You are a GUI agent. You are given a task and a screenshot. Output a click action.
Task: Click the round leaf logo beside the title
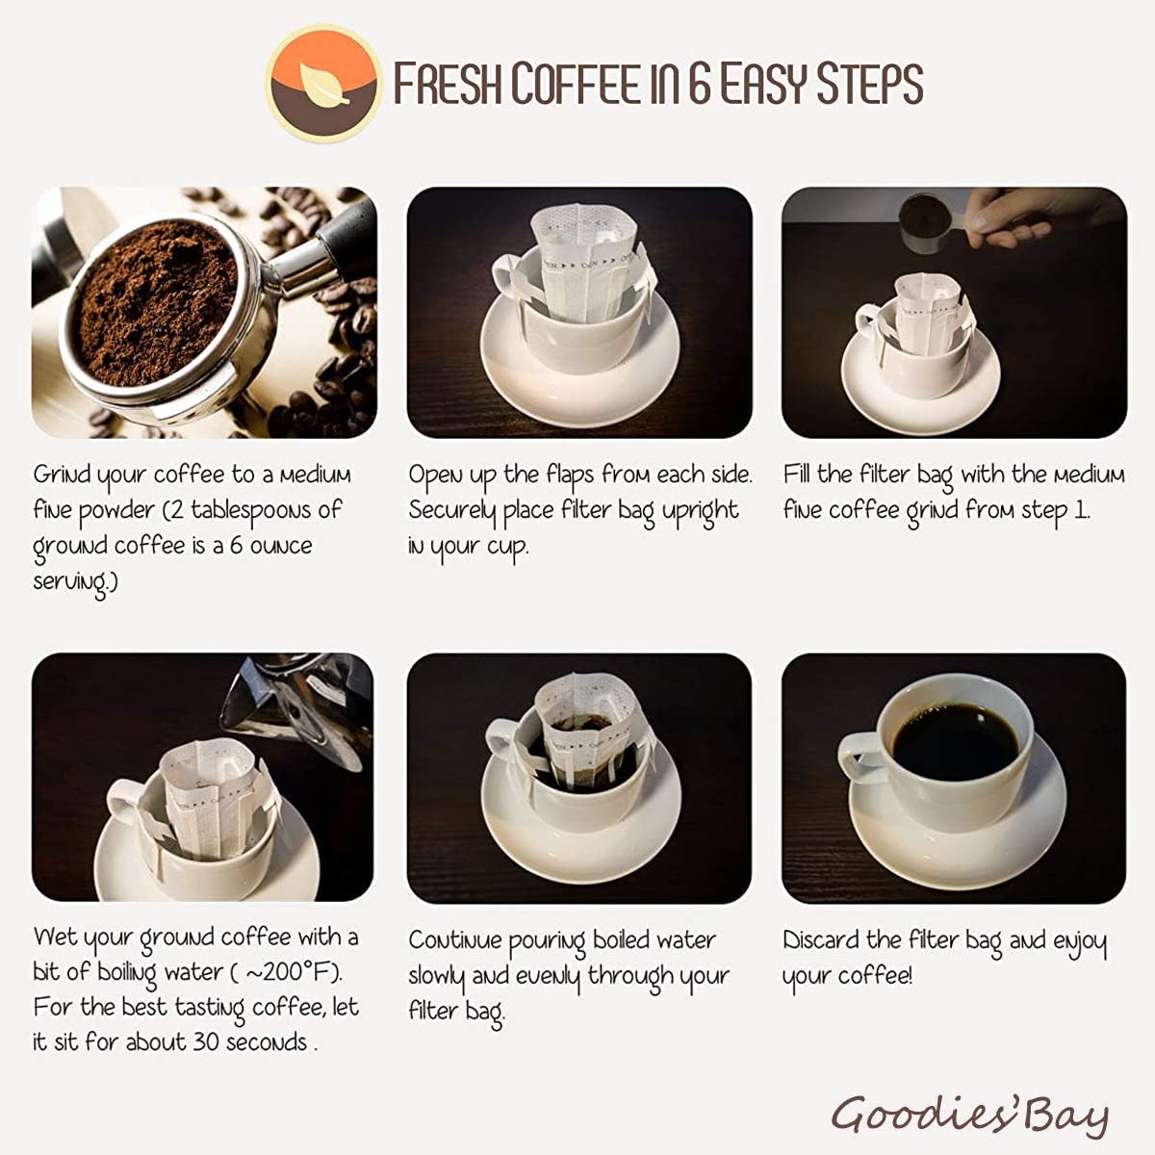pyautogui.click(x=321, y=84)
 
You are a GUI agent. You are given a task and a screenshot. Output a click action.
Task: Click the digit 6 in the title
pyautogui.click(x=700, y=84)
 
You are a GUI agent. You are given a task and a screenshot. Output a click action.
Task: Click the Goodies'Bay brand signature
pyautogui.click(x=969, y=1116)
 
